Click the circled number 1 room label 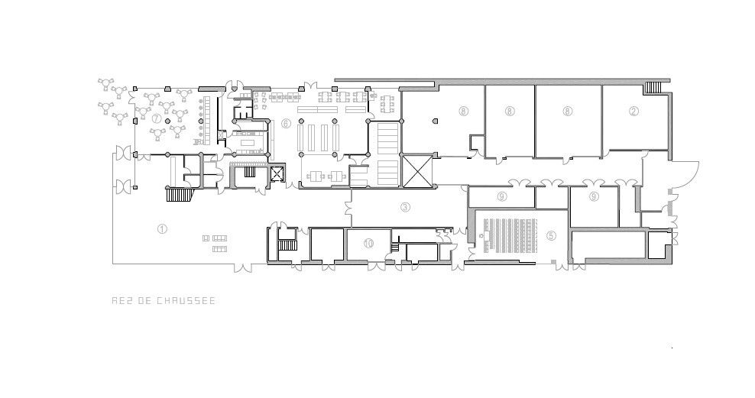[162, 228]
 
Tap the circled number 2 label [633, 112]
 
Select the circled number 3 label [406, 207]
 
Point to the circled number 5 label [551, 235]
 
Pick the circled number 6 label [286, 123]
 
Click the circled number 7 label [156, 118]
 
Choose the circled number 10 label [368, 243]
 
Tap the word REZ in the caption [122, 301]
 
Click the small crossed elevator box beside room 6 [277, 173]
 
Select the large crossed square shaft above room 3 [417, 170]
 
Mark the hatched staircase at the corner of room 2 [653, 88]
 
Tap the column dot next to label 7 [167, 120]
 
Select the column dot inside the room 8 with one [435, 120]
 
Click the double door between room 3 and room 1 [349, 208]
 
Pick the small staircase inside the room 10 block [395, 248]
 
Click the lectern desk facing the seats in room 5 [486, 236]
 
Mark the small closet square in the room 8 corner [478, 143]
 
